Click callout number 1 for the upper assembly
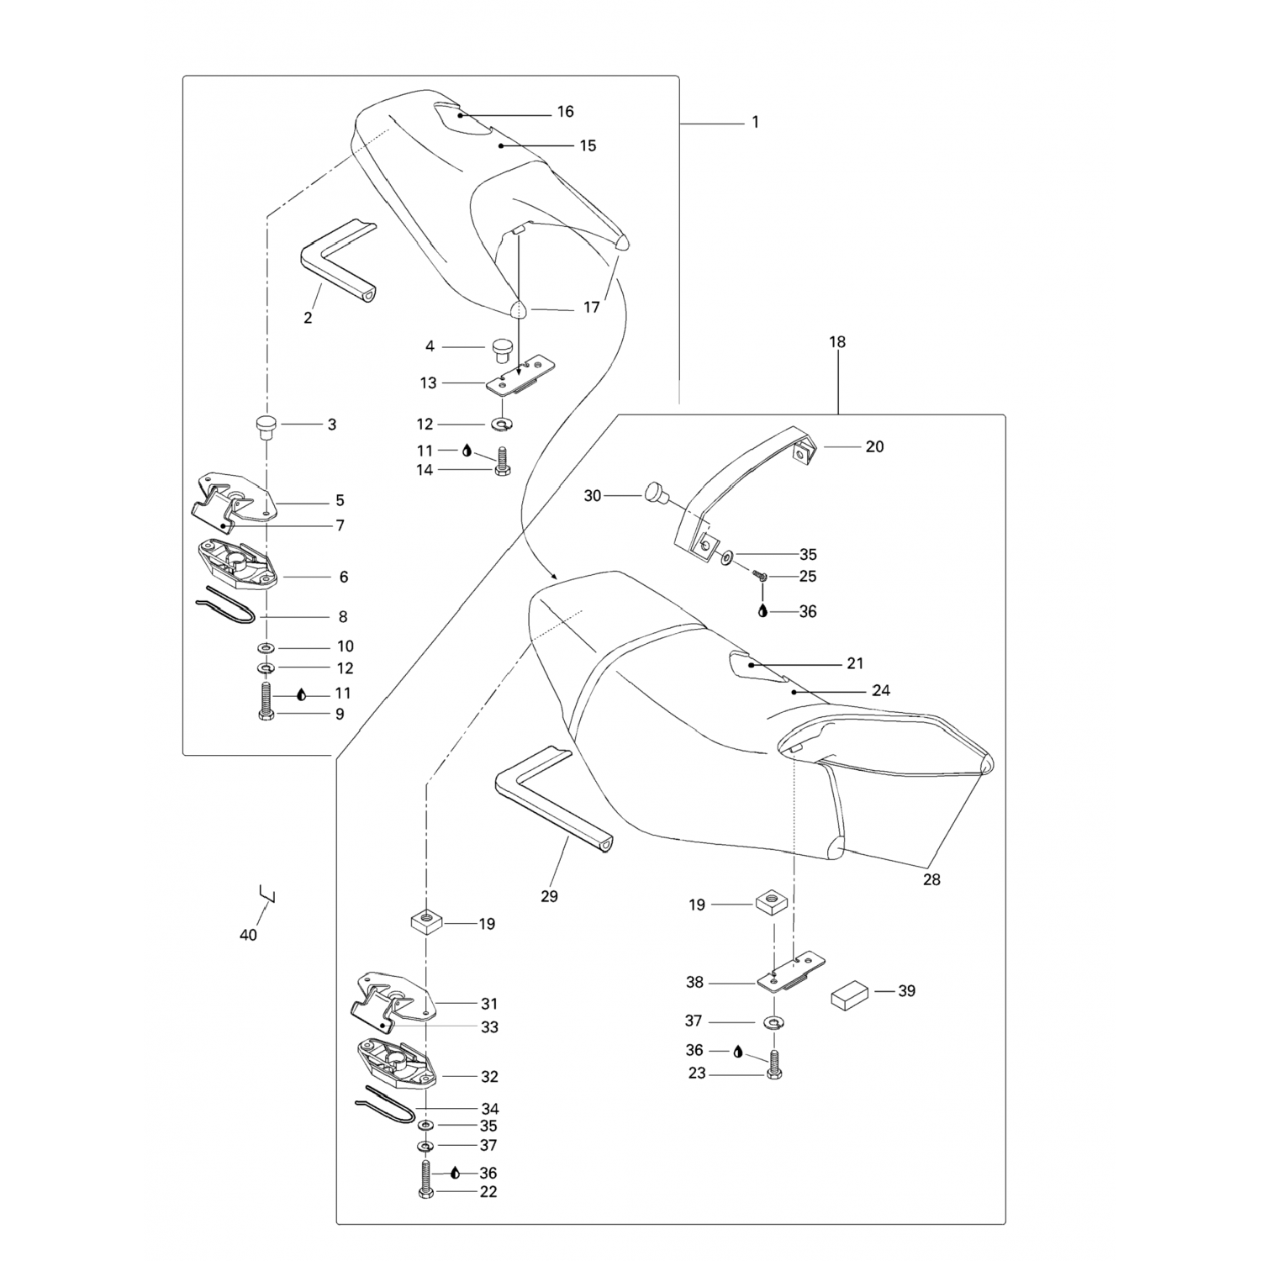click(x=755, y=122)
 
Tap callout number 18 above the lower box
click(x=837, y=342)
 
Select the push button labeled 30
click(x=655, y=493)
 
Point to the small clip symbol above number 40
click(x=268, y=894)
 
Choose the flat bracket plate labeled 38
click(x=791, y=972)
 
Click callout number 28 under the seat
click(x=931, y=879)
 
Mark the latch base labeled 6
click(x=233, y=563)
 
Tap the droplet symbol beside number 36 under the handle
click(x=762, y=611)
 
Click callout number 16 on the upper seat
click(x=565, y=112)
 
